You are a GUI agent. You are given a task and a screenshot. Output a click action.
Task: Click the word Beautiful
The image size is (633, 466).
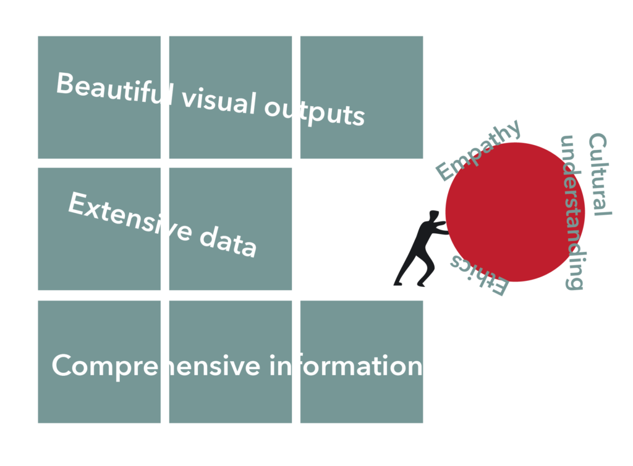point(114,90)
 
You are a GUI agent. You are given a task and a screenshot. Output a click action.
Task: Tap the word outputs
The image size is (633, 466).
point(315,112)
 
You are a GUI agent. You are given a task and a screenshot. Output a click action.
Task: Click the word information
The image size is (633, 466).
point(346,366)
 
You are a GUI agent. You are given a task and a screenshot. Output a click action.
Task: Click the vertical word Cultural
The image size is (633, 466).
point(598,174)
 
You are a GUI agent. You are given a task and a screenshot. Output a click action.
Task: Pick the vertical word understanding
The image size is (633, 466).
point(571,212)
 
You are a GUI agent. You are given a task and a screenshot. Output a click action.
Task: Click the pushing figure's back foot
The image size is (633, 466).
point(398,283)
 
